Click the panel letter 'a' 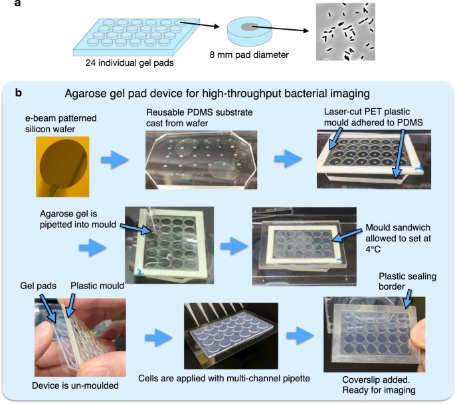[18, 3]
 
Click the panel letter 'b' [19, 93]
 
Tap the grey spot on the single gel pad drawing [249, 27]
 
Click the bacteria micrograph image [345, 32]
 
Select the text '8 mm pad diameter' [249, 55]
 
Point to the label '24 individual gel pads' [130, 63]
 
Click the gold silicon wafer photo [62, 167]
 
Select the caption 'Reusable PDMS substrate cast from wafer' [199, 118]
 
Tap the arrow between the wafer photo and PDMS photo [115, 159]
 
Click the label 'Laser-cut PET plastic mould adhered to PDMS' [373, 117]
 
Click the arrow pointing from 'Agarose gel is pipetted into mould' [136, 229]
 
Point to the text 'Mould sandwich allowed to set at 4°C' [398, 239]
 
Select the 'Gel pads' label [38, 286]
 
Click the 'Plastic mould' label [97, 286]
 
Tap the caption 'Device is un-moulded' [75, 385]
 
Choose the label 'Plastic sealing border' [407, 281]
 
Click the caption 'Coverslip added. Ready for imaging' [379, 385]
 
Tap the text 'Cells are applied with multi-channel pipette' [224, 379]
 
